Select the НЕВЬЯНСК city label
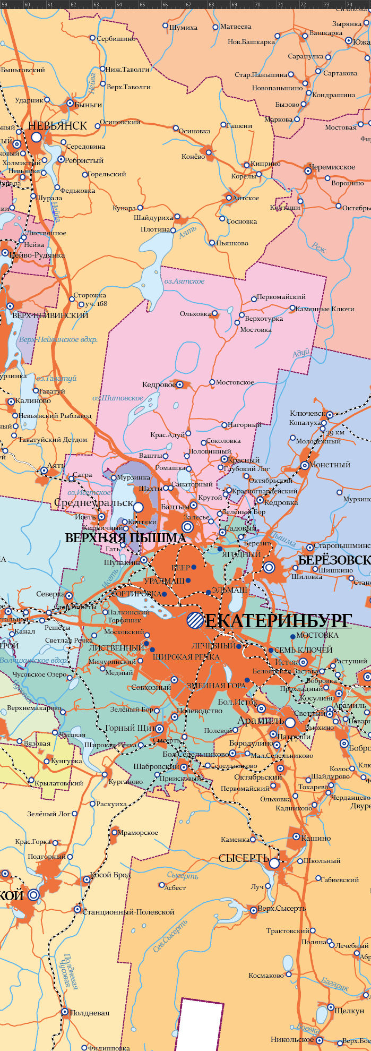tap(57, 126)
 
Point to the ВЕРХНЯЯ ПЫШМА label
tap(125, 538)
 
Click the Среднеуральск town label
tap(93, 502)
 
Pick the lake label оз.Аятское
tap(184, 281)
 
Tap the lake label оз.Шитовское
tap(118, 397)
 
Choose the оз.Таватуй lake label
tap(57, 378)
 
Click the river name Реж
tap(320, 247)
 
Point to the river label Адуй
tap(300, 354)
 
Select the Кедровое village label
tap(159, 384)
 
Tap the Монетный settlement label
tap(330, 465)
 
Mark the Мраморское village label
tap(137, 832)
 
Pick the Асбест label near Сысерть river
tap(175, 887)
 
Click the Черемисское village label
tap(332, 167)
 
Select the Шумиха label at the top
tap(183, 28)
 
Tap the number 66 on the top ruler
tap(165, 5)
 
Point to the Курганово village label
tap(126, 782)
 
